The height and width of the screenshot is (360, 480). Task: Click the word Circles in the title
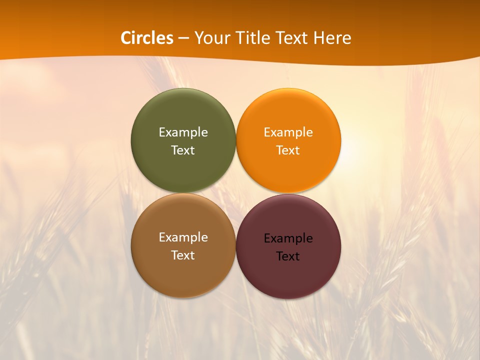click(x=147, y=38)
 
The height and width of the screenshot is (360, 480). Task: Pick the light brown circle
click(x=183, y=275)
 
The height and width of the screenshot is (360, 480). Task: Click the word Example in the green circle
click(x=183, y=132)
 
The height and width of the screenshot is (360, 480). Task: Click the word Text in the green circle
click(x=183, y=150)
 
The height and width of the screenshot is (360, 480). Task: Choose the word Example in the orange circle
click(x=288, y=132)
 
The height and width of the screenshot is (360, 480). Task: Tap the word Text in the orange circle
click(x=288, y=150)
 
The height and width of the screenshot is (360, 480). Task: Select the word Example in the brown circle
click(x=183, y=237)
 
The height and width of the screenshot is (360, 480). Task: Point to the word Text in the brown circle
click(x=183, y=255)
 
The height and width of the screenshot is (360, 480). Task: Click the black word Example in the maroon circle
click(x=288, y=238)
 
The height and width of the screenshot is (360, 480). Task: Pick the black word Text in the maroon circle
click(x=288, y=256)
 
